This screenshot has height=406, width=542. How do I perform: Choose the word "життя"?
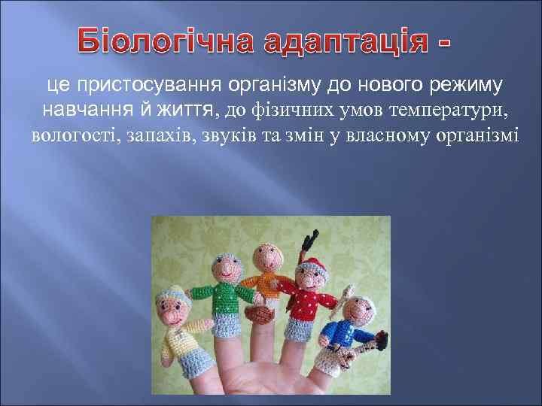186,111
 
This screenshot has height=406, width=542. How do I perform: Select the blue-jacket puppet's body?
346,331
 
